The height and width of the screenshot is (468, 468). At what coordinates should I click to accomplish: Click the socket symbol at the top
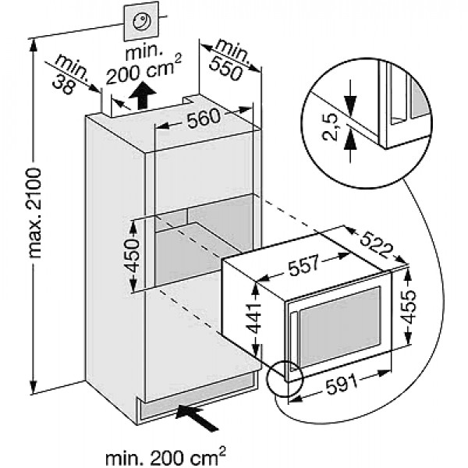[142, 24]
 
